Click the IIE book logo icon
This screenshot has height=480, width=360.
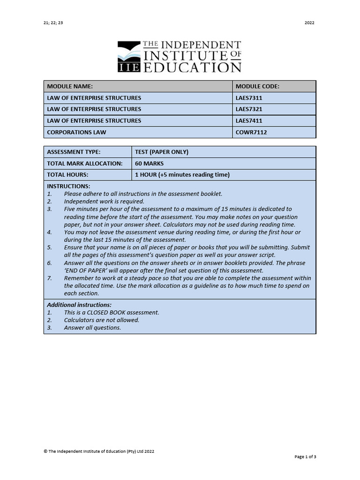pyautogui.click(x=128, y=56)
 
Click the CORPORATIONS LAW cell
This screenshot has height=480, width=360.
pyautogui.click(x=76, y=132)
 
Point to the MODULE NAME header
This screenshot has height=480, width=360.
pyautogui.click(x=70, y=86)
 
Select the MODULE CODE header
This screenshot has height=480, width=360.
pyautogui.click(x=257, y=86)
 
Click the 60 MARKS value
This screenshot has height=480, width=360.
pyautogui.click(x=149, y=164)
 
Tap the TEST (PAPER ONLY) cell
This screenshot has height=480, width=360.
pyautogui.click(x=161, y=152)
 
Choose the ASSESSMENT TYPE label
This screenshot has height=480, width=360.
pyautogui.click(x=74, y=152)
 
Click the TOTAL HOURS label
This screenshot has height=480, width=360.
pyautogui.click(x=67, y=175)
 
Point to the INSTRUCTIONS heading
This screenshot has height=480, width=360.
pyautogui.click(x=68, y=187)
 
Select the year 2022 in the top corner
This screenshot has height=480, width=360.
pyautogui.click(x=309, y=22)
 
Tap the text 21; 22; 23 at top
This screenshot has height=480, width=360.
pyautogui.click(x=52, y=22)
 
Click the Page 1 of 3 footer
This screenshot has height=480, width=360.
pyautogui.click(x=305, y=457)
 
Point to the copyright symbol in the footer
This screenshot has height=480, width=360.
pyautogui.click(x=45, y=451)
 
